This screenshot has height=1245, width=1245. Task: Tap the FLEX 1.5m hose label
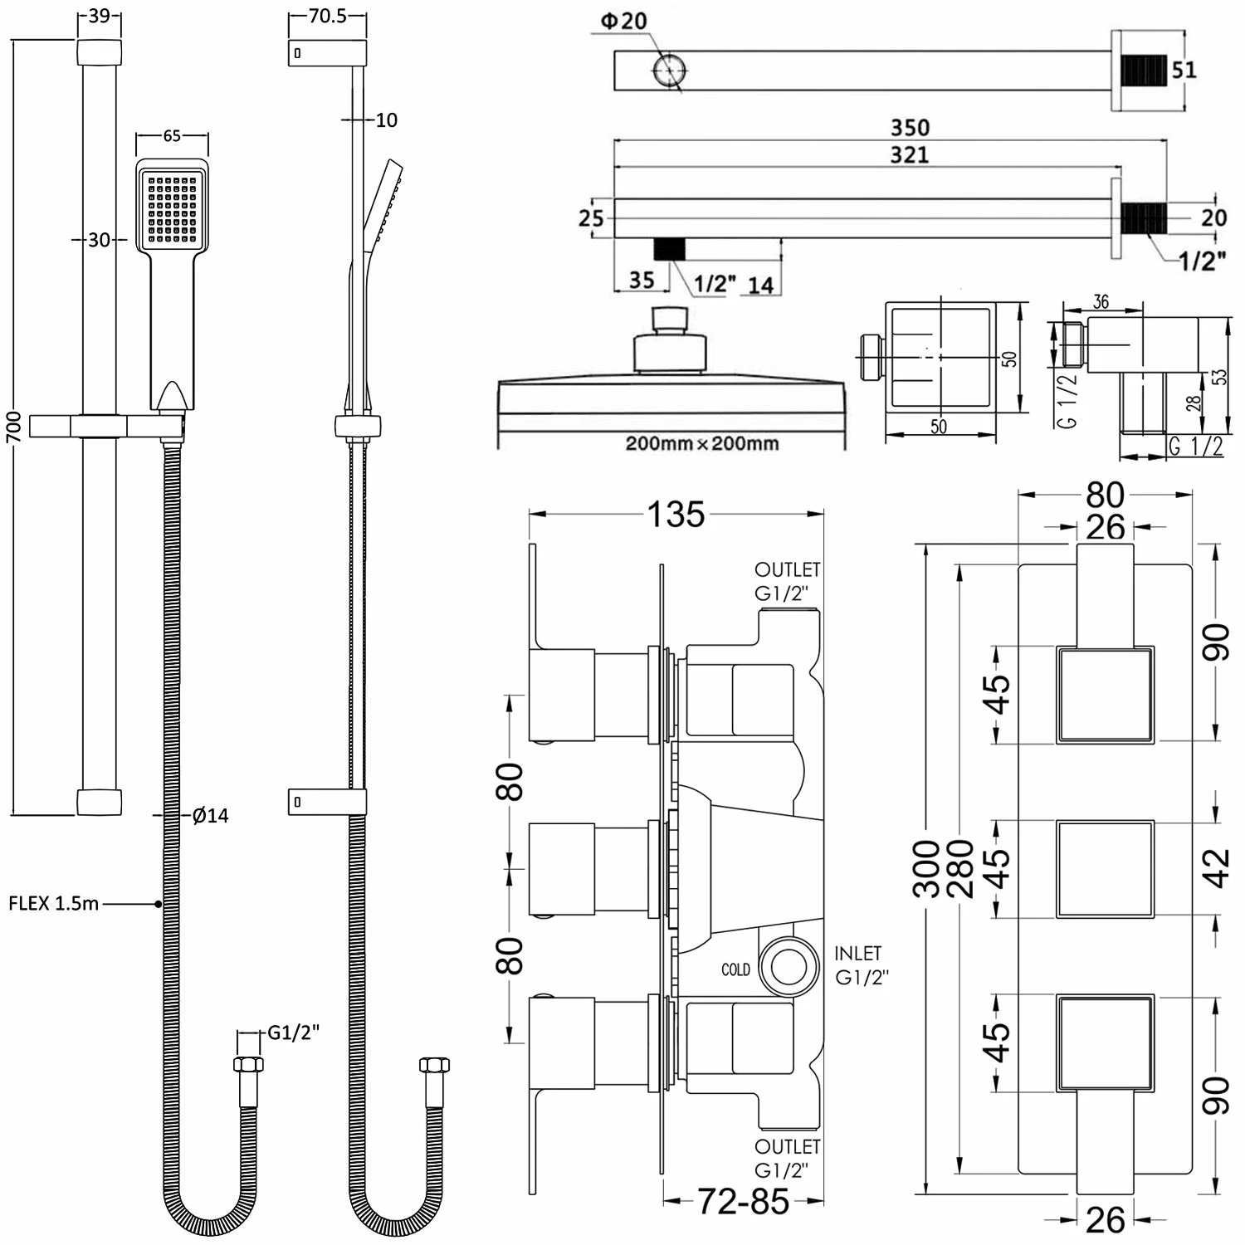53,903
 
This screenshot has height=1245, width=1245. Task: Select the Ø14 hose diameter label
210,816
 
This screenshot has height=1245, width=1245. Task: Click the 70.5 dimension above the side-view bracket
327,17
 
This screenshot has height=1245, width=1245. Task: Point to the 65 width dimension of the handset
172,136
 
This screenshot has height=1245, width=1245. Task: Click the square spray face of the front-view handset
172,208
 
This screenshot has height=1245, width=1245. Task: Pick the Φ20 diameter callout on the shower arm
623,21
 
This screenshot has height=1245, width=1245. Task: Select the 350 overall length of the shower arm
910,128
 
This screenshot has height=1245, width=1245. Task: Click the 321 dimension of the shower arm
910,155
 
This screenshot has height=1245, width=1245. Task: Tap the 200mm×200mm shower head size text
702,443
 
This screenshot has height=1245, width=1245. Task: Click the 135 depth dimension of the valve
676,515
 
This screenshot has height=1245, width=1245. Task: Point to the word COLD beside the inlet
735,969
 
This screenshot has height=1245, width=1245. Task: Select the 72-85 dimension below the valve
743,1201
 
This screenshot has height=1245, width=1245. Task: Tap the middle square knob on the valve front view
1105,869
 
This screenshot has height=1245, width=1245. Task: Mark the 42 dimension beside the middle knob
1217,869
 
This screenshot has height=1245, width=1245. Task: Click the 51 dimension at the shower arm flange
1184,70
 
